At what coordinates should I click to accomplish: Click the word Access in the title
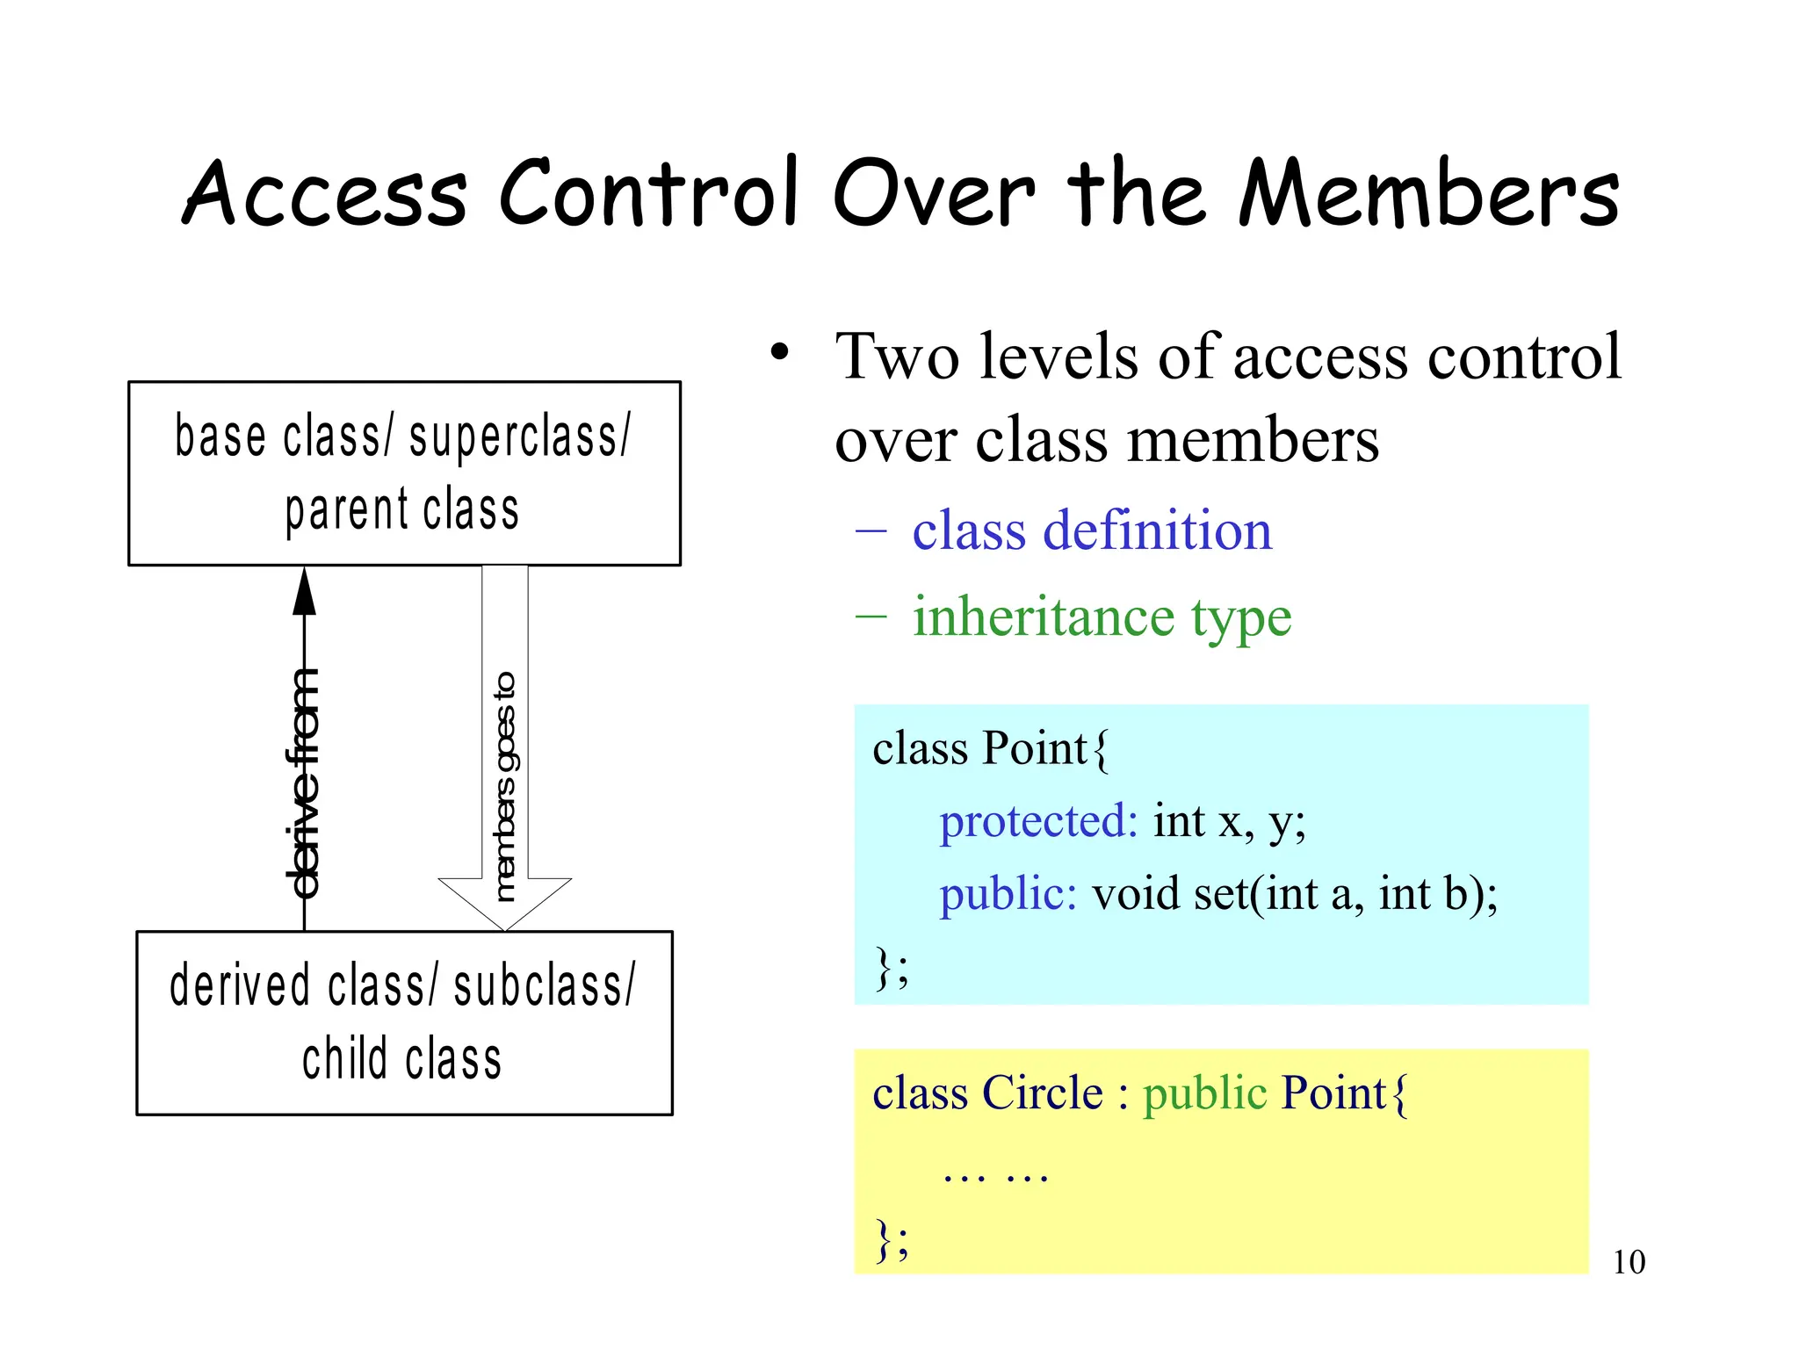325,193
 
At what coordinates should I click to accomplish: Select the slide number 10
1629,1262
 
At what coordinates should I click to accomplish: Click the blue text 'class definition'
1091,531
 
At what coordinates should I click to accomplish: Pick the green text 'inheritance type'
1102,617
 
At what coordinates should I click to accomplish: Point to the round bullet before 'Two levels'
779,353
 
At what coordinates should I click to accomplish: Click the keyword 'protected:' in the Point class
1038,822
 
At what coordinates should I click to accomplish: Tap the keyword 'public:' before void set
1008,895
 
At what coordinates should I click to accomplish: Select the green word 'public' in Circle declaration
1204,1093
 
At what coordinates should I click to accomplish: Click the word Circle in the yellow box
1042,1093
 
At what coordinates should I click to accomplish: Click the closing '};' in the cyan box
891,968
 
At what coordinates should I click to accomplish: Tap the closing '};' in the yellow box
891,1239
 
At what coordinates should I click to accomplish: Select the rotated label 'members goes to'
504,786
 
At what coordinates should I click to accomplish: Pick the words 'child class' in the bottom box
402,1058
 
